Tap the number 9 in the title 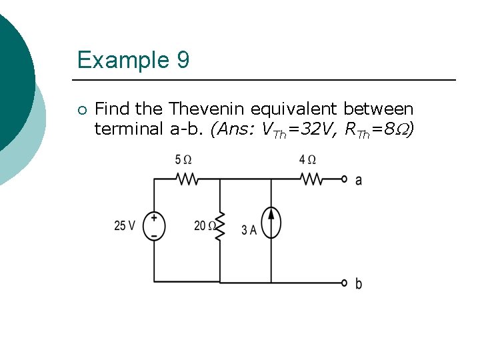point(183,61)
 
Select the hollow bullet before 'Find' point(81,109)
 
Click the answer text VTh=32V point(297,129)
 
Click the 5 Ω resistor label point(183,160)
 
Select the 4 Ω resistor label point(307,160)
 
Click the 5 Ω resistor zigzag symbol point(186,179)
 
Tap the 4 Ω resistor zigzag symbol point(311,179)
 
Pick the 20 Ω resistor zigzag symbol point(220,226)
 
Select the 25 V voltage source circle point(154,226)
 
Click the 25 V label point(125,226)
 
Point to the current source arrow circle point(271,222)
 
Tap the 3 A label point(249,231)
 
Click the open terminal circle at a point(344,179)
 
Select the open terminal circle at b point(344,283)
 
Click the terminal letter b point(359,284)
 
